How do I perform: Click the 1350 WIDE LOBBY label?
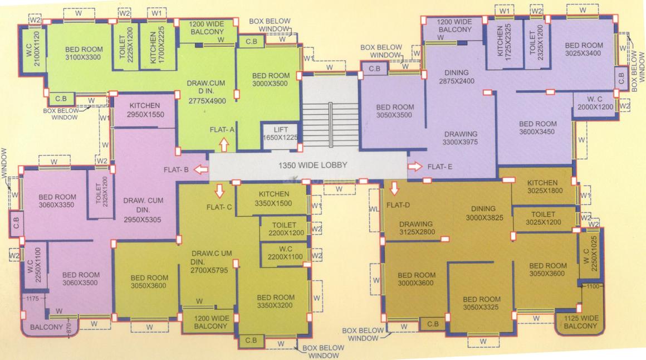pyautogui.click(x=313, y=166)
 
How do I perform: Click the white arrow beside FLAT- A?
pyautogui.click(x=224, y=145)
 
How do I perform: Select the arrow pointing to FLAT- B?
pyautogui.click(x=201, y=169)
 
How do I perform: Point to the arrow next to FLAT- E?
pyautogui.click(x=415, y=167)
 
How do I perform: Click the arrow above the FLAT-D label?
pyautogui.click(x=394, y=188)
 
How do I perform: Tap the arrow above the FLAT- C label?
pyautogui.click(x=219, y=191)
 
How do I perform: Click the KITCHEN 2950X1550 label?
pyautogui.click(x=145, y=110)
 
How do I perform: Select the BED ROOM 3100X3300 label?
pyautogui.click(x=84, y=53)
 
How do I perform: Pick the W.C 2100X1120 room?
pyautogui.click(x=33, y=50)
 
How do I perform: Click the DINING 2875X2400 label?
pyautogui.click(x=457, y=77)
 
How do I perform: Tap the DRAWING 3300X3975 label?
pyautogui.click(x=460, y=138)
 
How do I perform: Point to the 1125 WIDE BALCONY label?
pyautogui.click(x=580, y=322)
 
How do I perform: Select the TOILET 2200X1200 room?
pyautogui.click(x=284, y=229)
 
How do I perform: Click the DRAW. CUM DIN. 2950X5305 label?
pyautogui.click(x=143, y=210)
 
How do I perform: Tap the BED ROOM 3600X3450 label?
pyautogui.click(x=537, y=128)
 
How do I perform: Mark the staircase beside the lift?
pyautogui.click(x=330, y=124)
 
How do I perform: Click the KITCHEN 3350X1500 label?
pyautogui.click(x=273, y=198)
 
